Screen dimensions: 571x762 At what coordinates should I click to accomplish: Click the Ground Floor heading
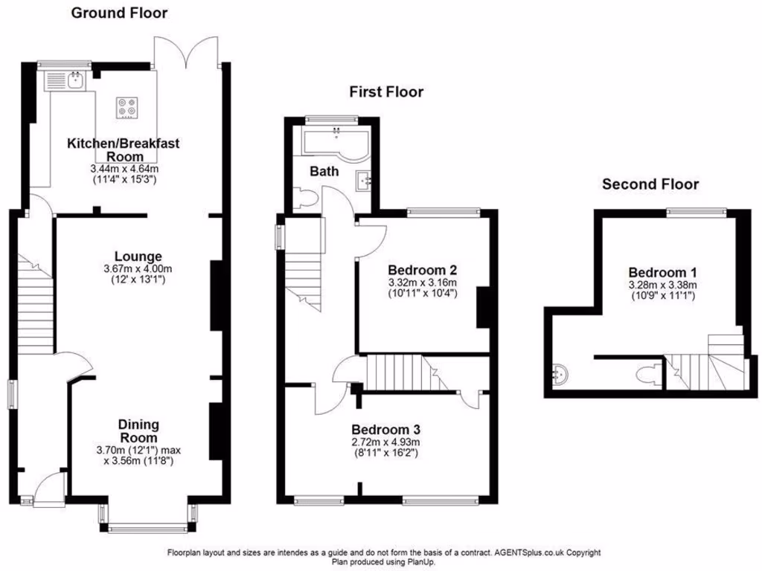[119, 13]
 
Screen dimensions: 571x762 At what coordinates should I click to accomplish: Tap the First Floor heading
[386, 92]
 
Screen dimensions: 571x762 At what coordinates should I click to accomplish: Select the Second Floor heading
[650, 184]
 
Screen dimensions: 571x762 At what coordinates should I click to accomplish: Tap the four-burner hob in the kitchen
[127, 109]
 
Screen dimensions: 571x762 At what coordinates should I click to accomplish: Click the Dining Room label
[138, 431]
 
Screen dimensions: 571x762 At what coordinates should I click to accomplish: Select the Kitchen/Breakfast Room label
[123, 149]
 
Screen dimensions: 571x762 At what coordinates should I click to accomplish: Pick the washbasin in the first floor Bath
[364, 180]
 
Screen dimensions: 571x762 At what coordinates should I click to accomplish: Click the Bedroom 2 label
[422, 270]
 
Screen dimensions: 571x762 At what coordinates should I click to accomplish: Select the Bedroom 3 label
[386, 430]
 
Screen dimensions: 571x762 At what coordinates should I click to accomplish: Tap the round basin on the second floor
[562, 375]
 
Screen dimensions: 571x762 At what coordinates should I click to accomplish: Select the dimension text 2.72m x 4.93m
[386, 442]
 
